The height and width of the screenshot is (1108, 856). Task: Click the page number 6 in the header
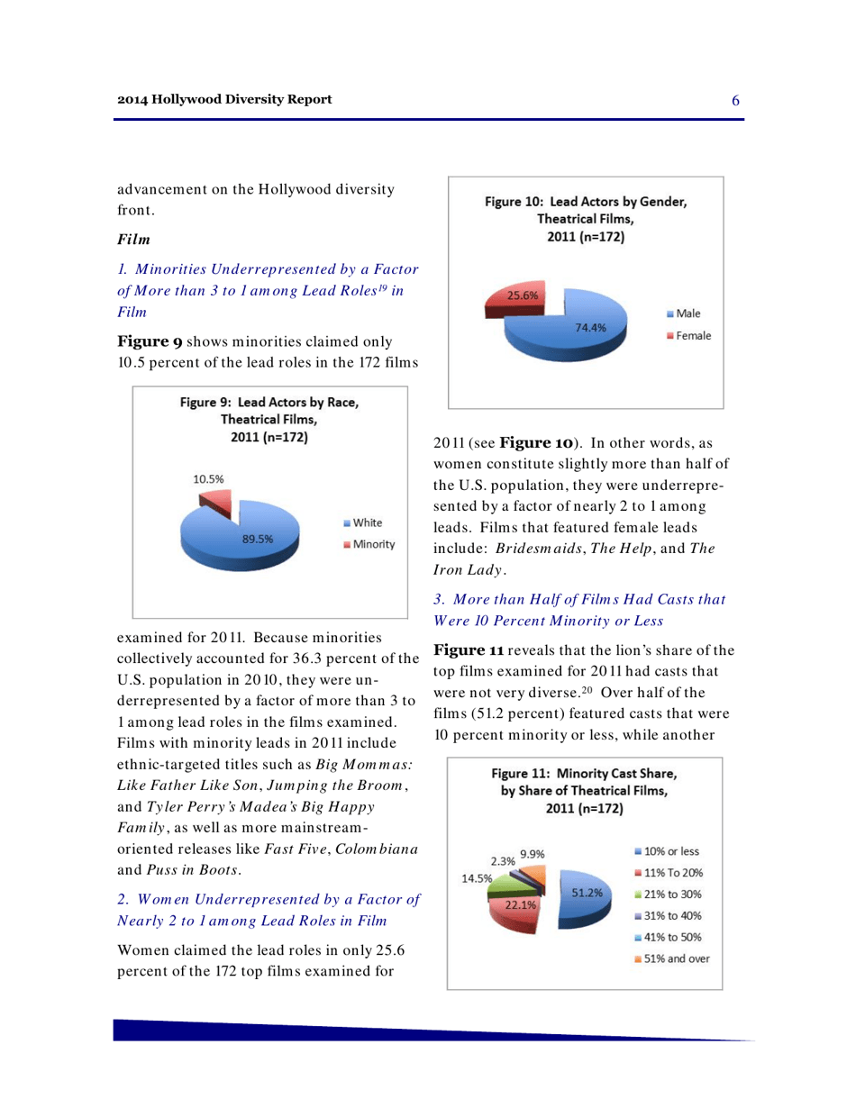click(735, 99)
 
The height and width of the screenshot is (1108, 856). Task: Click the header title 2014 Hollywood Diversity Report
click(224, 98)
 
